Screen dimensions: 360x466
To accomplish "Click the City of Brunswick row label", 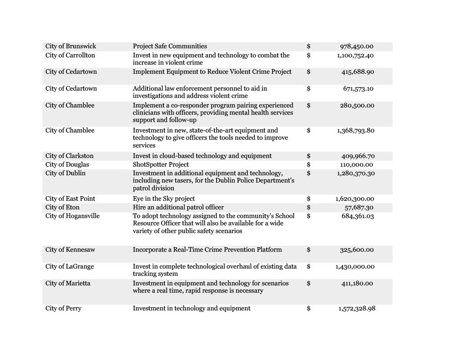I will [71, 46].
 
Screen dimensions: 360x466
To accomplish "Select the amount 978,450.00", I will [357, 46].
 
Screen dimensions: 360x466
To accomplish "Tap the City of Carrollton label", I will [70, 56].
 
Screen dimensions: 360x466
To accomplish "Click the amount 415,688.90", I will [358, 72].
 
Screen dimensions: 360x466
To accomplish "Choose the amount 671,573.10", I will [358, 89].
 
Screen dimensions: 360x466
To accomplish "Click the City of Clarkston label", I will [69, 156].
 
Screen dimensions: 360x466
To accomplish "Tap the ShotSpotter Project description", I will [161, 165].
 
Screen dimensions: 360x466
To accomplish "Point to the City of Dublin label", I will [65, 173].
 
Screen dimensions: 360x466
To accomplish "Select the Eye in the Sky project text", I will [164, 199].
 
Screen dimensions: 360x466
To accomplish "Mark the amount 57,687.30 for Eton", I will [359, 208].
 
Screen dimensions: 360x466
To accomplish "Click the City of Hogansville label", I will [72, 216].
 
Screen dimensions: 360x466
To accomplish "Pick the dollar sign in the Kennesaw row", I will [309, 250].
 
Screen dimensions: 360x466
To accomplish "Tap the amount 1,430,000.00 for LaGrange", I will [355, 267].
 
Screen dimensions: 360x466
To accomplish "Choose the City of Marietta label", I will [68, 284].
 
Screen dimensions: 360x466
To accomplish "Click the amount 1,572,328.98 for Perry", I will [357, 309].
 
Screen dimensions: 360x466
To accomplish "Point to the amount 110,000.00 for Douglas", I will [357, 165].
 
